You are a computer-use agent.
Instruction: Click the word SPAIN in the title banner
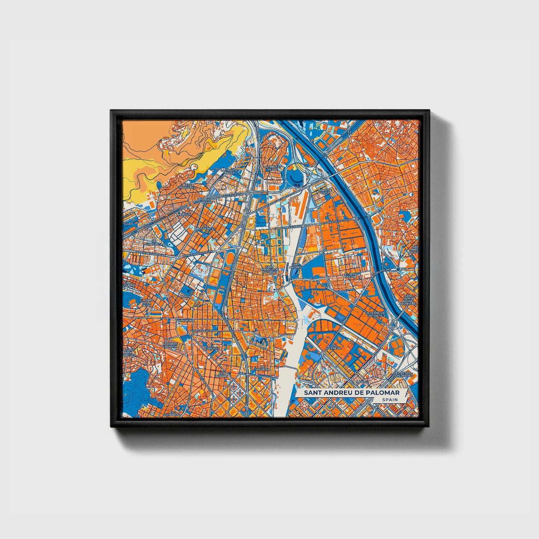pyautogui.click(x=389, y=399)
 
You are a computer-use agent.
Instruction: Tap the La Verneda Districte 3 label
pyautogui.click(x=375, y=314)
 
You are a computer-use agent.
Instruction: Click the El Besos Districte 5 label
pyautogui.click(x=403, y=374)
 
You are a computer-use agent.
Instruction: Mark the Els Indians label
pyautogui.click(x=223, y=374)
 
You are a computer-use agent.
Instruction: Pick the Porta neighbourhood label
pyautogui.click(x=185, y=297)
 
